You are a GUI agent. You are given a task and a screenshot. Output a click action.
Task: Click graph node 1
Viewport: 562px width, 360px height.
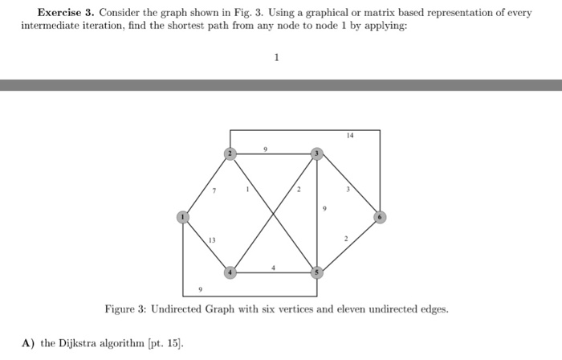coord(183,216)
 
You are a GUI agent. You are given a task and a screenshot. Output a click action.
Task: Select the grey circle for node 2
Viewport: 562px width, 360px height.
coord(230,153)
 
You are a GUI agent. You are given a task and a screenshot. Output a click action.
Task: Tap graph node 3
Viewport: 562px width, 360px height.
coord(317,153)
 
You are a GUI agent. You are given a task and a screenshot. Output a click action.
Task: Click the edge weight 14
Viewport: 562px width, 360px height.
coord(350,137)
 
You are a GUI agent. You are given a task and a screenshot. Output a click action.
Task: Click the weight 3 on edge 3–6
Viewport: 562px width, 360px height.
coord(348,190)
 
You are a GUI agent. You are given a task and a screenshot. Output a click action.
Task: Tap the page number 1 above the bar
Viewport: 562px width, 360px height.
coord(276,57)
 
